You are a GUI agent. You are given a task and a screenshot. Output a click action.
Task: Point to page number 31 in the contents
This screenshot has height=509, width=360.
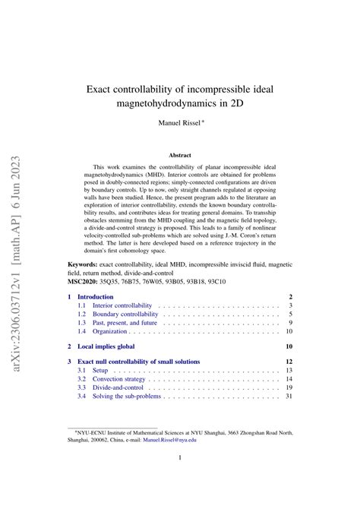tap(288, 397)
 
